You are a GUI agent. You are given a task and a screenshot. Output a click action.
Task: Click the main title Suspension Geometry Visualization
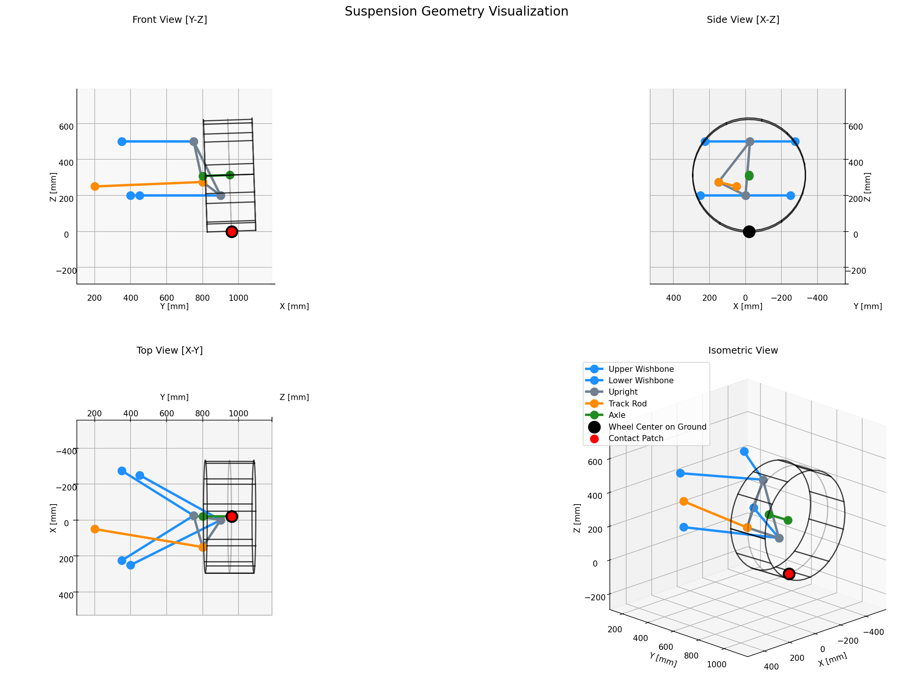tap(456, 11)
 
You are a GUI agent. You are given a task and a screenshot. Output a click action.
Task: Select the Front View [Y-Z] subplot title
tap(170, 20)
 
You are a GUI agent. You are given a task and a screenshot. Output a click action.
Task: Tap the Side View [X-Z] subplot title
tap(743, 20)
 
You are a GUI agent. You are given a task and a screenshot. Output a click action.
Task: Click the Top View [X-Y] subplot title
tap(170, 350)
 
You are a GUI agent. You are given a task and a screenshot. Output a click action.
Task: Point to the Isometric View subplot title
tap(743, 350)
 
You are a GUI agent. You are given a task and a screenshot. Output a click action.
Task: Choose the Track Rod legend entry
tap(627, 403)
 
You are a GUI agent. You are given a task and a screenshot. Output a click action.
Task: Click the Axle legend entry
tap(617, 415)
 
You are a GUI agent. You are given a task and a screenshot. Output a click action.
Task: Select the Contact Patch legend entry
tap(636, 438)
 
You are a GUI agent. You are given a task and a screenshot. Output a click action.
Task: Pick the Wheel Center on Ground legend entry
tap(657, 427)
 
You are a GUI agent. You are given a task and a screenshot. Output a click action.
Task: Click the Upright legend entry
tap(623, 392)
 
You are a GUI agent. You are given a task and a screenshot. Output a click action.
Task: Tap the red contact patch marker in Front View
tap(232, 232)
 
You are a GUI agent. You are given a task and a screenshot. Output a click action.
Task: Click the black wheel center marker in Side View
tap(749, 232)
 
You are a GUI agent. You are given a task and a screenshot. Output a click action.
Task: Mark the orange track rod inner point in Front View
tap(95, 187)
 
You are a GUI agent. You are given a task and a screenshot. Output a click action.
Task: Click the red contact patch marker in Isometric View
tap(789, 574)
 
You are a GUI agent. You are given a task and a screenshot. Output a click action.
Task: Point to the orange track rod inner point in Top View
tap(95, 529)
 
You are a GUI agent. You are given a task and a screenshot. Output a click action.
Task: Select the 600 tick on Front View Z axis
tap(66, 127)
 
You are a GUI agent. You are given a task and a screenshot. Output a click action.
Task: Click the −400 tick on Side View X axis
tap(817, 298)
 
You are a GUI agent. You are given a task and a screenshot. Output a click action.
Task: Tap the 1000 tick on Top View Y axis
tap(238, 413)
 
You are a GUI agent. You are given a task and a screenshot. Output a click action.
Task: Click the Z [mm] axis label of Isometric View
tap(577, 518)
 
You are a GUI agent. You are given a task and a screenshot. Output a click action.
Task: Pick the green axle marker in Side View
tap(749, 176)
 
